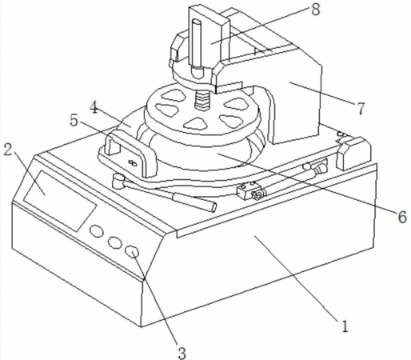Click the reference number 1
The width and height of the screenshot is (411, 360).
(x=345, y=326)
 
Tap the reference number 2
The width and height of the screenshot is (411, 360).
(x=8, y=150)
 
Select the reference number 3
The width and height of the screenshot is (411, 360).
(x=182, y=354)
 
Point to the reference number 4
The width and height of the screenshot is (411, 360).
(x=94, y=108)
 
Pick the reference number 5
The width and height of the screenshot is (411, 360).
(x=74, y=121)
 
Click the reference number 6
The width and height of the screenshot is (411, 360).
(x=402, y=217)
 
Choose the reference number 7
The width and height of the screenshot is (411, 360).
(x=361, y=109)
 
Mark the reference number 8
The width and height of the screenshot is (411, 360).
(x=315, y=10)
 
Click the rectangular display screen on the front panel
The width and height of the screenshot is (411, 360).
(x=60, y=201)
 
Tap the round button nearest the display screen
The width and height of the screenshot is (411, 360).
(x=97, y=231)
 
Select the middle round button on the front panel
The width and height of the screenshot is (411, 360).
(x=114, y=242)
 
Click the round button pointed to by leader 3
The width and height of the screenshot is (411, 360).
(x=133, y=251)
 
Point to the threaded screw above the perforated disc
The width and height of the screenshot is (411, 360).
(x=202, y=100)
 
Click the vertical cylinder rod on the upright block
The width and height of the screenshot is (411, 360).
(x=197, y=49)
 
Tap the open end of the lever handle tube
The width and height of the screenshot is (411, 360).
(x=213, y=207)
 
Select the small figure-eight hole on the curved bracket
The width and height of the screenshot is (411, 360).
(x=133, y=162)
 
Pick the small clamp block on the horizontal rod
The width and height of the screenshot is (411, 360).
(x=245, y=191)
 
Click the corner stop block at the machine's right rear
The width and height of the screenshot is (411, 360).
(x=353, y=154)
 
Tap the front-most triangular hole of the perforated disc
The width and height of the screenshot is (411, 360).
(x=196, y=123)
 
